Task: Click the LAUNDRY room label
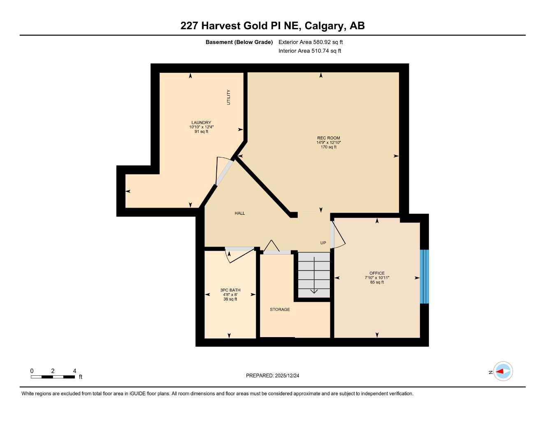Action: (x=201, y=123)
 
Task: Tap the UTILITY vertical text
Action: (x=229, y=97)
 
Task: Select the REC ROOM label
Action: (x=328, y=138)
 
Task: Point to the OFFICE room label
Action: (x=377, y=273)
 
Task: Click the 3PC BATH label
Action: (x=230, y=290)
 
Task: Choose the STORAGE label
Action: (x=280, y=310)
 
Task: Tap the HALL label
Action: (x=240, y=213)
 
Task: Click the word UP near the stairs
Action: (x=323, y=243)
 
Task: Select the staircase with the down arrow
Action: (x=314, y=275)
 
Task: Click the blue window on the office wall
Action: (x=424, y=276)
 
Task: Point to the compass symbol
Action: (x=503, y=371)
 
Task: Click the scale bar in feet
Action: (x=53, y=377)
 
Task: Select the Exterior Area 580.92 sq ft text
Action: (x=311, y=42)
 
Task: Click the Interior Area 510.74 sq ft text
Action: (x=310, y=51)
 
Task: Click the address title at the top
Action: (x=272, y=26)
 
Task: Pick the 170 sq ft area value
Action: (x=328, y=147)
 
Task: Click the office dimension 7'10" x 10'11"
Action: (x=377, y=278)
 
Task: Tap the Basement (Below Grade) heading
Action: (x=239, y=42)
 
